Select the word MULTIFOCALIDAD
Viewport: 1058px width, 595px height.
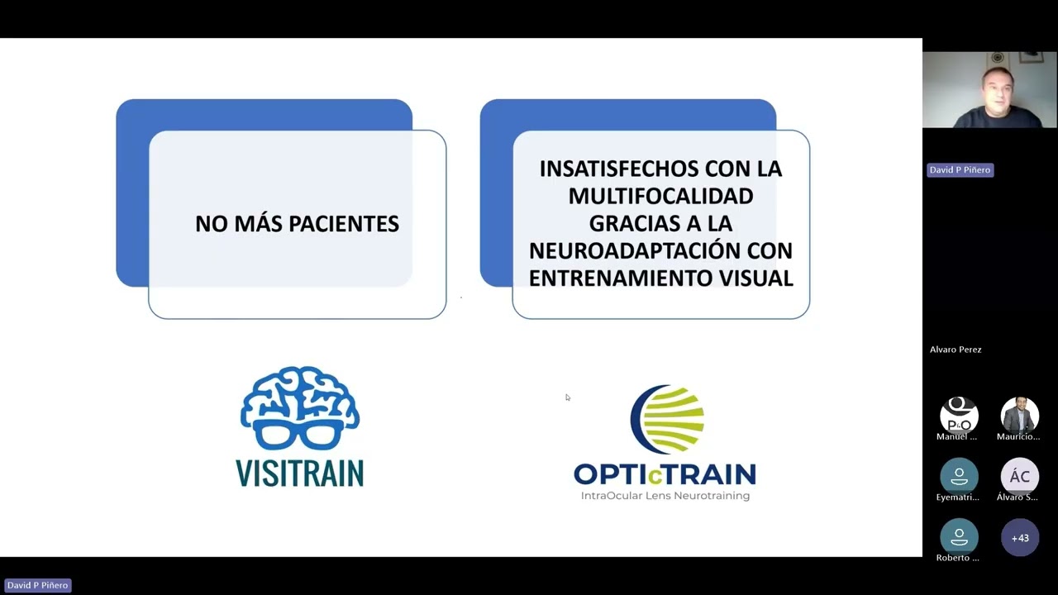coord(660,196)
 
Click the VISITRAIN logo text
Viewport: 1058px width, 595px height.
coord(299,473)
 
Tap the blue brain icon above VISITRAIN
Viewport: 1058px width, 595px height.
coord(299,397)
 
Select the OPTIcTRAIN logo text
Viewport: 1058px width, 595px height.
coord(665,474)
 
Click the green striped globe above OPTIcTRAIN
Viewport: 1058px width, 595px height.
coord(670,420)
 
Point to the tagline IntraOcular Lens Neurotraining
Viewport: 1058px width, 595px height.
coord(665,496)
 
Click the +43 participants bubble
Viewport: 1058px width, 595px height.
coord(1020,538)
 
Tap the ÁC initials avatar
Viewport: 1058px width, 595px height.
coord(1020,476)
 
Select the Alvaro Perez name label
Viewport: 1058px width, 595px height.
coord(956,350)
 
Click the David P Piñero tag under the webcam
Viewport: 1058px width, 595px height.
coord(960,169)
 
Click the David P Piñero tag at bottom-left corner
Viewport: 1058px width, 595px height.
coord(37,585)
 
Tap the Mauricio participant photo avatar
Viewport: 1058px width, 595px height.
coord(1020,415)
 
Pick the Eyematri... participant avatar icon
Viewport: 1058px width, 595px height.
coord(959,476)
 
